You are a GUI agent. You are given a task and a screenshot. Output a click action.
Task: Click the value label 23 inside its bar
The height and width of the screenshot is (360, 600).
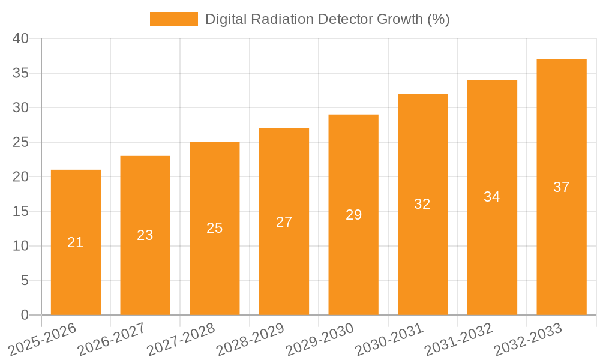[x=145, y=235]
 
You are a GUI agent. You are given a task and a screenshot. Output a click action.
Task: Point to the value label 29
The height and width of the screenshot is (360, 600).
[x=353, y=215]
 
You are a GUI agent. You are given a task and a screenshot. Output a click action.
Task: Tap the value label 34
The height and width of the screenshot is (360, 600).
[x=492, y=197]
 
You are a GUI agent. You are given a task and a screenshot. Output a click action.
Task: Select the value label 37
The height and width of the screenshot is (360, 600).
[x=561, y=187]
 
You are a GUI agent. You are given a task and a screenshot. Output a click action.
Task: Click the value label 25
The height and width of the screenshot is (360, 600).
[x=215, y=228]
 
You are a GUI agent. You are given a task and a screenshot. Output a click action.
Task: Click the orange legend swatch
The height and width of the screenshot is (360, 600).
[x=173, y=19]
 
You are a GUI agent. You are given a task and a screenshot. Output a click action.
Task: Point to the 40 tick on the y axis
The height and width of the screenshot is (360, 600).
[x=20, y=38]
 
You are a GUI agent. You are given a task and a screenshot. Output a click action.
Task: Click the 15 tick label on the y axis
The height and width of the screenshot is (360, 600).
[x=20, y=211]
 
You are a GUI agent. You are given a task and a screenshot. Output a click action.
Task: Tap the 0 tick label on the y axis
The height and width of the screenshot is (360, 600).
[x=25, y=315]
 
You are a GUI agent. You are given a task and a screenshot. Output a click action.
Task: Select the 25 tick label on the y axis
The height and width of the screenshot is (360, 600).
[x=20, y=142]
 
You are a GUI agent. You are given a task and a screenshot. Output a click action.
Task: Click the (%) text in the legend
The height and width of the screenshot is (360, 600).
[x=438, y=19]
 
